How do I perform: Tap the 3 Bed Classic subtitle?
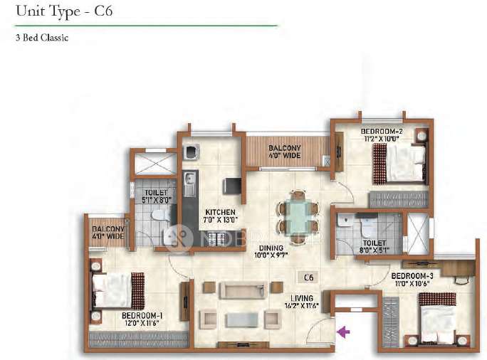(41, 38)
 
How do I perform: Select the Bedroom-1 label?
(142, 319)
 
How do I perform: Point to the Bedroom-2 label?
(382, 134)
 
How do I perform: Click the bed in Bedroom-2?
(400, 160)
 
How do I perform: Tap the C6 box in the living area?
(308, 277)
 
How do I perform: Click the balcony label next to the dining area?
(285, 152)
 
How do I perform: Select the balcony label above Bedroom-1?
(106, 232)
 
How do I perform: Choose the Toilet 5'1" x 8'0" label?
(156, 196)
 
